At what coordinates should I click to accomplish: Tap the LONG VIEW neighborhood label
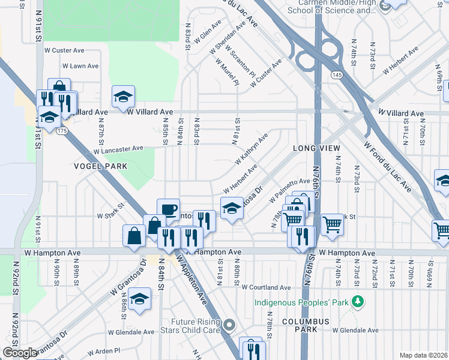click(316, 148)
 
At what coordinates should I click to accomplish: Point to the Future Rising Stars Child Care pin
click(229, 325)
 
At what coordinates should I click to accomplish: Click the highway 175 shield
click(61, 130)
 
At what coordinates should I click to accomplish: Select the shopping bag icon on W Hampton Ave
click(133, 236)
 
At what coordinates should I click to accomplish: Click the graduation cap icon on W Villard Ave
click(123, 96)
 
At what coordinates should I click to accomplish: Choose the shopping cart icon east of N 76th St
click(332, 225)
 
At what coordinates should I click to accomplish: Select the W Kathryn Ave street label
click(255, 151)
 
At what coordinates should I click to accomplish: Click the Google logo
click(19, 353)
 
